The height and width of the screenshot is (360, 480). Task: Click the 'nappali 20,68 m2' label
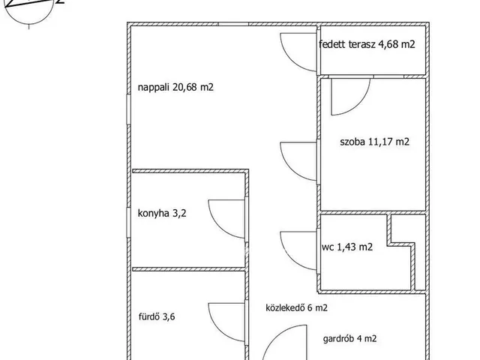[175, 88]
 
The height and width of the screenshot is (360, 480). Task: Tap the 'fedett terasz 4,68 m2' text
[367, 44]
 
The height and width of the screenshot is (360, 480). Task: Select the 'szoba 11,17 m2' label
[375, 142]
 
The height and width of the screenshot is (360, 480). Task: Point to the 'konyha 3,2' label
[162, 213]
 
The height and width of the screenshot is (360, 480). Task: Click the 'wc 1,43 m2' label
[347, 247]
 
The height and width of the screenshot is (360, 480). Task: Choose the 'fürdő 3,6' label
[157, 316]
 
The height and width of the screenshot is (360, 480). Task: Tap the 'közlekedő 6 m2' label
[297, 307]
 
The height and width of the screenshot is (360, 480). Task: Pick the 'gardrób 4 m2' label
[350, 339]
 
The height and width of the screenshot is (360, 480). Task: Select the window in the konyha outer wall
[129, 223]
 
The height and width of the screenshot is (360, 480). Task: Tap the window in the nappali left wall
[129, 109]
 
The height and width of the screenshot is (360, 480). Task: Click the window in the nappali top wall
[233, 24]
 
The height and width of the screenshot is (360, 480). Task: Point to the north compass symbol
[30, 9]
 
